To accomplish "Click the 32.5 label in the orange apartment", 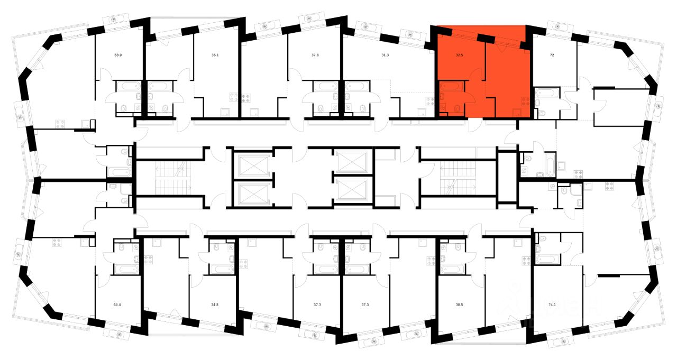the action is (460, 55).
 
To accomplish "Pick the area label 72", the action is (552, 55).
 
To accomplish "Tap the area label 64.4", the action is (117, 305).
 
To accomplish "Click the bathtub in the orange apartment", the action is (451, 86).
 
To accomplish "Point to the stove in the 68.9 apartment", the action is (60, 124).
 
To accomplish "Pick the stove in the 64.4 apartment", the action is (56, 243).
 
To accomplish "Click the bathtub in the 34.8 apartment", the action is (221, 269).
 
